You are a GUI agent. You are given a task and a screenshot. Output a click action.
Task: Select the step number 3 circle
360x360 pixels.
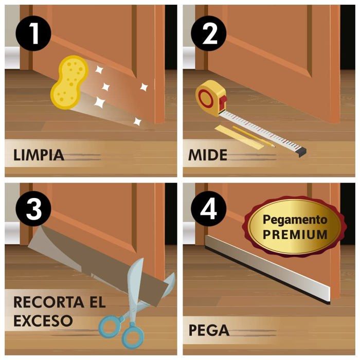pyautogui.click(x=34, y=210)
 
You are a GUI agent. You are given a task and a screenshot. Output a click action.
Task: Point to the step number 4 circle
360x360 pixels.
pyautogui.click(x=208, y=210)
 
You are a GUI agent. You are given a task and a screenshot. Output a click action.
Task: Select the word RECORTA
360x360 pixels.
pyautogui.click(x=45, y=302)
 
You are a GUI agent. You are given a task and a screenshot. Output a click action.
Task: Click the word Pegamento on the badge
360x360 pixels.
pyautogui.click(x=295, y=220)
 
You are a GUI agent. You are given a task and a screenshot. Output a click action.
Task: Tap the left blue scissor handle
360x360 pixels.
pyautogui.click(x=110, y=325)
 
